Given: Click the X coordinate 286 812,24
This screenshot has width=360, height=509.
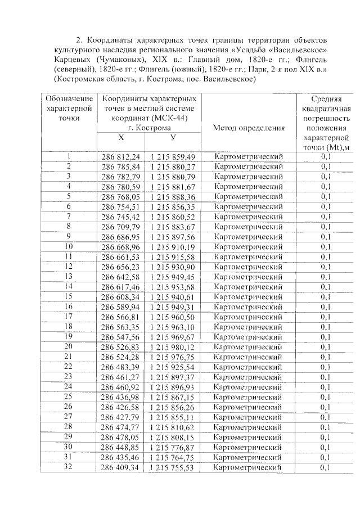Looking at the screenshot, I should (120, 157).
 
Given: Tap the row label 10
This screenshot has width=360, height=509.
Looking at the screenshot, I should (69, 246).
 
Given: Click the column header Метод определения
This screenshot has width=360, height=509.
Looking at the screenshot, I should (249, 128).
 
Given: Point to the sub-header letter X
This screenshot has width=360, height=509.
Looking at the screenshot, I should (121, 138).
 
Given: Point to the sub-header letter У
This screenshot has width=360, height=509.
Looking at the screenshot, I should (173, 138).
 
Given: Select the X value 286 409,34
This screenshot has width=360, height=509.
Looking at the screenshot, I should (120, 467).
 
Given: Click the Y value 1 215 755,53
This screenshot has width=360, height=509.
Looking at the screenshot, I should (173, 467).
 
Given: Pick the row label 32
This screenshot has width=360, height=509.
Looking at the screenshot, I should (69, 466).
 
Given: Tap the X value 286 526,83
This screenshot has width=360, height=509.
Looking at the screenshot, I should (120, 347).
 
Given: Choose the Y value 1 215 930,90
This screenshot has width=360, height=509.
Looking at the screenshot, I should (173, 267).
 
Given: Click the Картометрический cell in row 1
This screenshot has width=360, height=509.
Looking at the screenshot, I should (249, 157).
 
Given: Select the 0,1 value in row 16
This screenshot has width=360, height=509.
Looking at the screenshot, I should (326, 307).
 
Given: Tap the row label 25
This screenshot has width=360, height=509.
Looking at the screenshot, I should (69, 397).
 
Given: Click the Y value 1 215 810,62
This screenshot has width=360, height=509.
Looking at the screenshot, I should (173, 427).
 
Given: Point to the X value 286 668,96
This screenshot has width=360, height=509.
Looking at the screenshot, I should (120, 247).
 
